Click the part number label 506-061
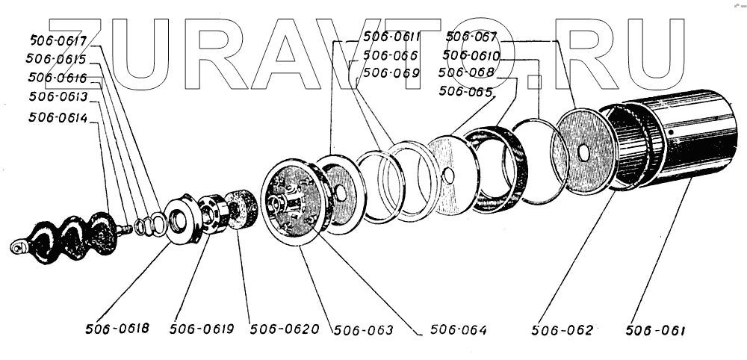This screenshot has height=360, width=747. click(655, 330)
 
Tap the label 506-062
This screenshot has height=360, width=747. click(562, 330)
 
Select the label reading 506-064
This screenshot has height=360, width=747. click(459, 330)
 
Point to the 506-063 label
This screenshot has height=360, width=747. click(363, 329)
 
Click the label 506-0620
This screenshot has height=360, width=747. click(285, 329)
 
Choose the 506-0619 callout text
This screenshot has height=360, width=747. click(202, 329)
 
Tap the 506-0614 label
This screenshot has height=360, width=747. click(58, 117)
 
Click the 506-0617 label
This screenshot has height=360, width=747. click(59, 40)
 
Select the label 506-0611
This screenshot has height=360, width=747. click(391, 37)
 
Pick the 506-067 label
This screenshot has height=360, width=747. click(471, 37)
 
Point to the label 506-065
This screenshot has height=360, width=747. click(465, 91)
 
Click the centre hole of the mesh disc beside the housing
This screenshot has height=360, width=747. click(583, 152)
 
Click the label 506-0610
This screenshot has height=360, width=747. click(471, 55)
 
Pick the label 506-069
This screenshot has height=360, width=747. click(391, 73)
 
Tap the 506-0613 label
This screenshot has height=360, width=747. click(58, 97)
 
